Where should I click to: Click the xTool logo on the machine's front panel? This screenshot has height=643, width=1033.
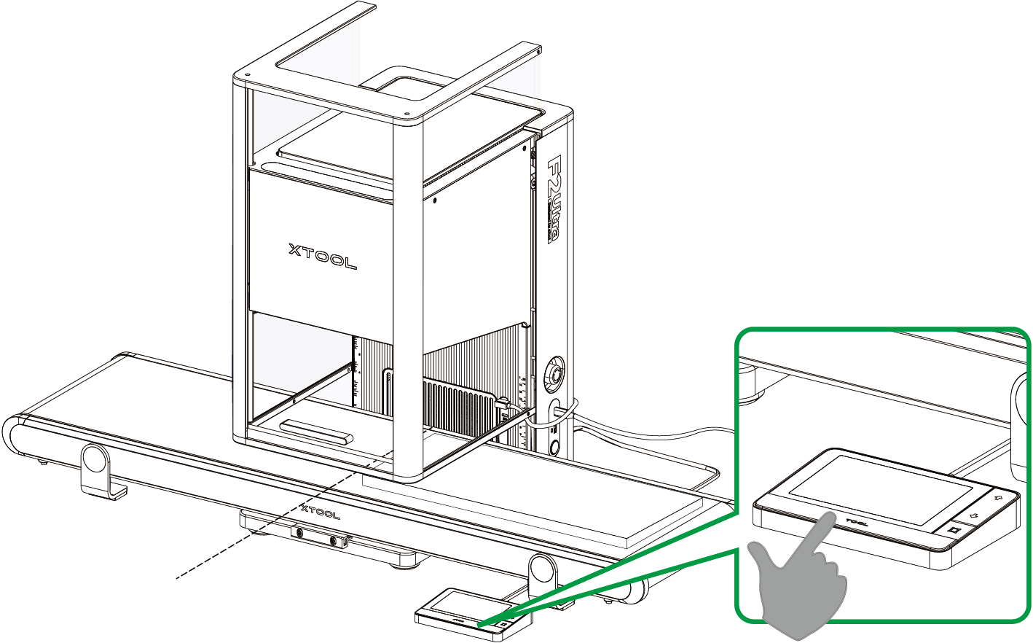[x=322, y=257]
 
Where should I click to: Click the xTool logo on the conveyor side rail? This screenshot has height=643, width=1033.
[x=321, y=513]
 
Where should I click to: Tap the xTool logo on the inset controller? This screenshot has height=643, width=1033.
[x=857, y=522]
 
